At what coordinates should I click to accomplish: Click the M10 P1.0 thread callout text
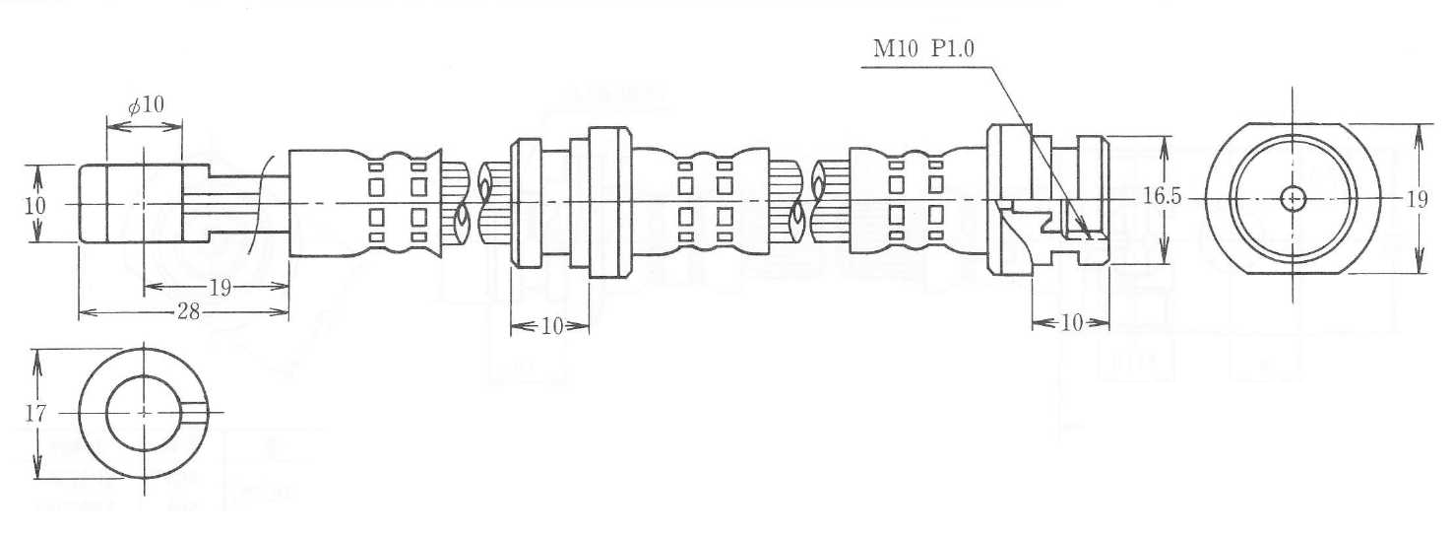tap(922, 50)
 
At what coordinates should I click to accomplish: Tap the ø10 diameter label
tap(146, 104)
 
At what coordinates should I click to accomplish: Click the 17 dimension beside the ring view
tap(35, 414)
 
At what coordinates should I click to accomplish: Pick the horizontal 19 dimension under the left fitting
tap(220, 288)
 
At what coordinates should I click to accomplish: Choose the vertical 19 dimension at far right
tap(1416, 199)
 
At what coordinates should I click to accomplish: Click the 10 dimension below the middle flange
tap(551, 326)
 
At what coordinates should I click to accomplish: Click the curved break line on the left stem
tap(259, 203)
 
